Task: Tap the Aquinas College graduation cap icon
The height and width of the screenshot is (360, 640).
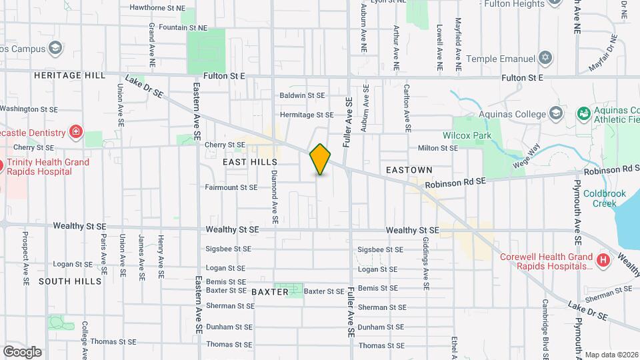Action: coord(555,113)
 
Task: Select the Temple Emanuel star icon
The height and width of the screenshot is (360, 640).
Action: coord(547,59)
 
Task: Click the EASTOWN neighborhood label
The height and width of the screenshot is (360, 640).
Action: coord(409,171)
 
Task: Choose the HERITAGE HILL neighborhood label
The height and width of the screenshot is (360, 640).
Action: coord(70,76)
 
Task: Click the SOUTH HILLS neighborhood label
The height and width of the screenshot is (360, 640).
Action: coord(70,281)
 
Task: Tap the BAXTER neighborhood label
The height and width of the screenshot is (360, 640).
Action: coord(270,292)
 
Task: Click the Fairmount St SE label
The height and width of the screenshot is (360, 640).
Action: coord(231,187)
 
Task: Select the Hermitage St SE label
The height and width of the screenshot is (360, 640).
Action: coord(307,115)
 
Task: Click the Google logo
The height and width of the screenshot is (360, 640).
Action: coord(22,351)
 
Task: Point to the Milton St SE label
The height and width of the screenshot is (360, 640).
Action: coord(437,148)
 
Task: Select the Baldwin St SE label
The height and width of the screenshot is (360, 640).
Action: coord(302,95)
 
